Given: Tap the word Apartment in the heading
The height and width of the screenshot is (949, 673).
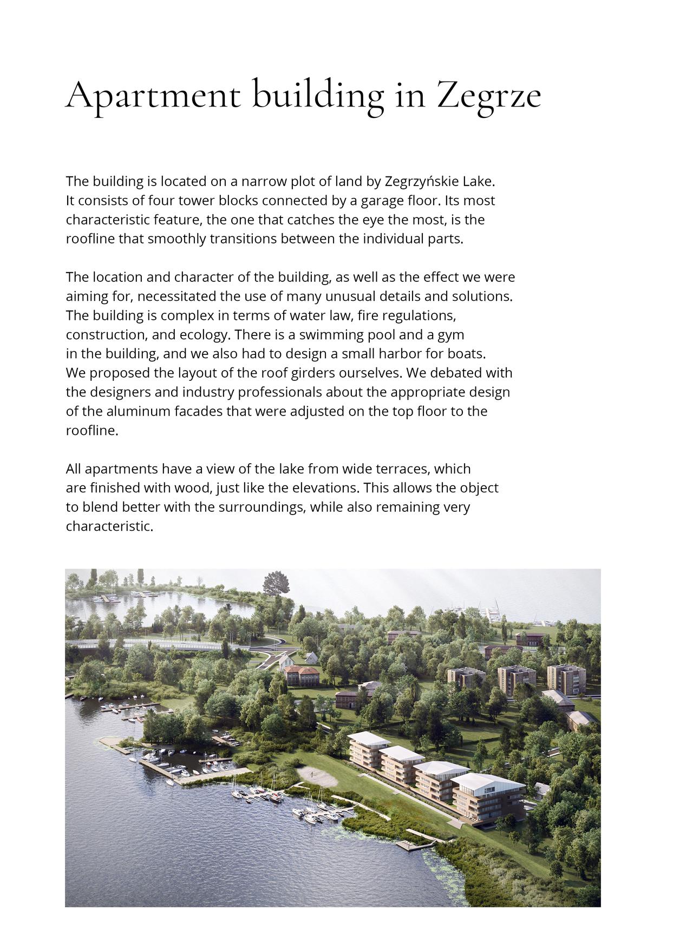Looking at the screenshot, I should pos(152,95).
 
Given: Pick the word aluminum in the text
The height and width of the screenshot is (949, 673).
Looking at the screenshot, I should pos(138,411).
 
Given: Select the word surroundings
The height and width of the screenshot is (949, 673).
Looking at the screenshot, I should pos(262,507).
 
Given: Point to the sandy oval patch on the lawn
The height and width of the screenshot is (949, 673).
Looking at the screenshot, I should pos(317,776).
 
